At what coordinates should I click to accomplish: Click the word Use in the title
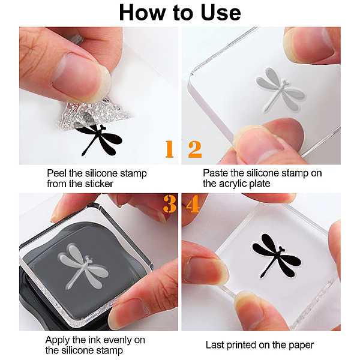pyautogui.click(x=221, y=13)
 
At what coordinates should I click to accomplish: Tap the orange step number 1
pyautogui.click(x=169, y=149)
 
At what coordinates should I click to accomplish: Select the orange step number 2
pyautogui.click(x=195, y=149)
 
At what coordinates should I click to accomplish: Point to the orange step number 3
pyautogui.click(x=170, y=204)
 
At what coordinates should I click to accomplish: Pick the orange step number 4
pyautogui.click(x=193, y=204)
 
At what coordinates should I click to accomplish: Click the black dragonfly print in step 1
pyautogui.click(x=99, y=140)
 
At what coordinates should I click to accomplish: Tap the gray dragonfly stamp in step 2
pyautogui.click(x=281, y=90)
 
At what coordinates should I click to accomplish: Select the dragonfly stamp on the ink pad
pyautogui.click(x=84, y=266)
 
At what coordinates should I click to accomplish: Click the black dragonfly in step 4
pyautogui.click(x=277, y=256)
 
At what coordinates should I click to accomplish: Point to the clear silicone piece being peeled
pyautogui.click(x=92, y=113)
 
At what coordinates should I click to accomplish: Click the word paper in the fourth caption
pyautogui.click(x=301, y=346)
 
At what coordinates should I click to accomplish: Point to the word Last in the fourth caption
pyautogui.click(x=215, y=345)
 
